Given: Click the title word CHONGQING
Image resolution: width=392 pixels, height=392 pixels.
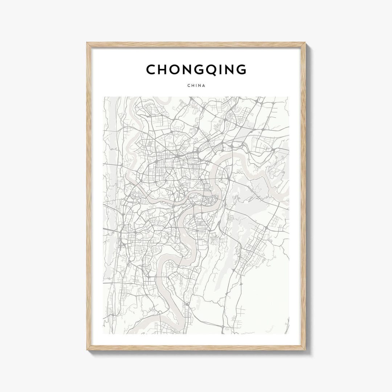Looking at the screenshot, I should (196, 69).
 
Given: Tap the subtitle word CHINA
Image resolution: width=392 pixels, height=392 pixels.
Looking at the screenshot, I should (196, 86).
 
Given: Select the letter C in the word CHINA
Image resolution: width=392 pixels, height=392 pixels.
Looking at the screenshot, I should (189, 86).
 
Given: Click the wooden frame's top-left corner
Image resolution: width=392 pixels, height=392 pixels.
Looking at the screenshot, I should (87, 43).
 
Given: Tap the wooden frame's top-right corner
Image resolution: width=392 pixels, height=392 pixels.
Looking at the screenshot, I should (305, 43).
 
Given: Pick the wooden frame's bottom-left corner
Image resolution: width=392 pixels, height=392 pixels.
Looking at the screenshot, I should (87, 350).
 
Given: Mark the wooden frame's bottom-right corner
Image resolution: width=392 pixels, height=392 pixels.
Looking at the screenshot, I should (305, 350).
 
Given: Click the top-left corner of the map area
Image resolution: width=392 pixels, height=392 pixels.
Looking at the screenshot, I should (103, 97).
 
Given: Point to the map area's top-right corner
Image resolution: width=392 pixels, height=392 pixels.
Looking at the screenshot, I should (289, 97).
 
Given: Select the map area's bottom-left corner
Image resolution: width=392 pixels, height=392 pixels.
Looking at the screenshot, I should (103, 334).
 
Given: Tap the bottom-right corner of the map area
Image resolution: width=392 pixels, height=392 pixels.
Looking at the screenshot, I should (289, 334).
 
